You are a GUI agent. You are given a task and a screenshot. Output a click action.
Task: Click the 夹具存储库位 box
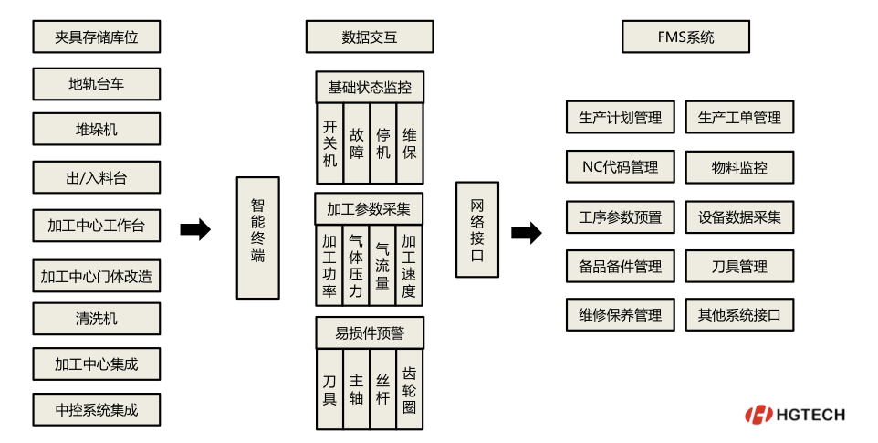pos(96,37)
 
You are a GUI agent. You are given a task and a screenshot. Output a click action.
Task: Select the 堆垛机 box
pos(96,129)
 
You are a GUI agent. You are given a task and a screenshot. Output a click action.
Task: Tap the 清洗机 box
pos(96,319)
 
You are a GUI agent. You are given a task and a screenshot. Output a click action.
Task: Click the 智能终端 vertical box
pos(258,237)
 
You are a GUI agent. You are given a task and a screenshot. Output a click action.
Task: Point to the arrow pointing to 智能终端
pos(195,230)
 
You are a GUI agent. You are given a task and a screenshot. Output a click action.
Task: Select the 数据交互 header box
pos(369,37)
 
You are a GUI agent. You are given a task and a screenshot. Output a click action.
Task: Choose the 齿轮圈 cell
pos(410,391)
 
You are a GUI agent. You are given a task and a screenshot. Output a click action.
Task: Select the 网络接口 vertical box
pos(477,229)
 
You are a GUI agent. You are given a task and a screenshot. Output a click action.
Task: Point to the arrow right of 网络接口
pos(526,233)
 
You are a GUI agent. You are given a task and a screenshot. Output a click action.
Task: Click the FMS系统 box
pos(685,37)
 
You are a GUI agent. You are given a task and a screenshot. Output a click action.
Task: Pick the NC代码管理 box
pos(620,168)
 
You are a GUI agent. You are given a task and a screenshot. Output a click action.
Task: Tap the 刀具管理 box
pos(739,267)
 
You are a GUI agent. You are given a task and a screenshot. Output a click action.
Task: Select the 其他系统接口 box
pos(739,315)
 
